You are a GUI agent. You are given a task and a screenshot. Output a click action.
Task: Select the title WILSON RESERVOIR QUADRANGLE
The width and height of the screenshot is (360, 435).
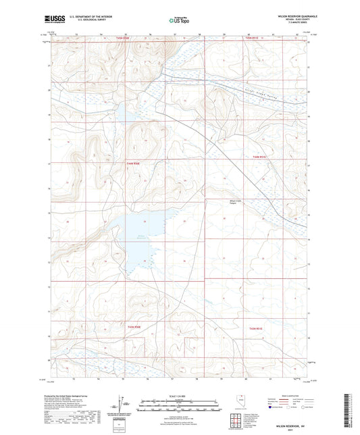coord(288,15)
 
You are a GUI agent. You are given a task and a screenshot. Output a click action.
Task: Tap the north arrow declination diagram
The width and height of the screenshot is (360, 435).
coord(122,403)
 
